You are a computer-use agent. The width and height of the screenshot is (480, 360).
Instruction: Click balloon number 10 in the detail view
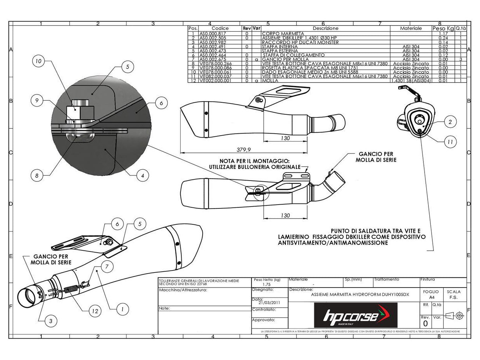(x=38, y=61)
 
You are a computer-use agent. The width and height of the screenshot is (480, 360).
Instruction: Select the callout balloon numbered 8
(x=37, y=176)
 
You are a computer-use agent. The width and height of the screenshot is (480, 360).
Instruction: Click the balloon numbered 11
(x=450, y=142)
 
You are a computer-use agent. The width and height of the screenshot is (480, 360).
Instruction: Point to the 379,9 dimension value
(x=244, y=150)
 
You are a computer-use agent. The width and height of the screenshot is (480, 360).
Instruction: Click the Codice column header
(x=220, y=28)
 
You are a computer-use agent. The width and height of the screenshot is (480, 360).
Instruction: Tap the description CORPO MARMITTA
(x=283, y=34)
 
